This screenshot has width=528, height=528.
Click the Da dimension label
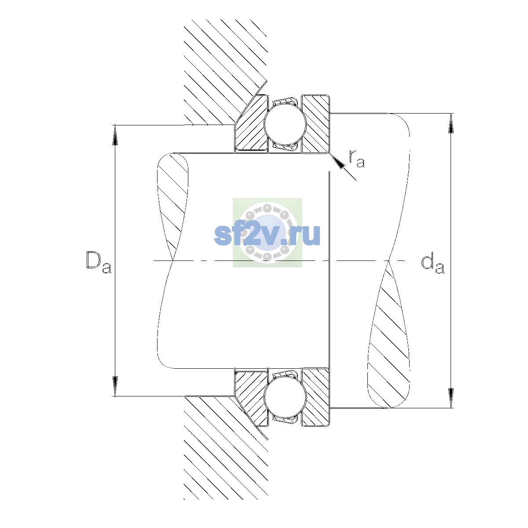coord(99,262)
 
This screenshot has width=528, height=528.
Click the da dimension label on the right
coord(433,264)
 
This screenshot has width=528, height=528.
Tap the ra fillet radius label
coord(357,159)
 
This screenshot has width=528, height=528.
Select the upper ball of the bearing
coord(285,124)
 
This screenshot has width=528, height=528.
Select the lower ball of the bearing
coord(285,398)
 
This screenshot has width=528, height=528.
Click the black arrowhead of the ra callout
coord(337,161)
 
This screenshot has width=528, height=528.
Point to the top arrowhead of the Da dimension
coord(115,135)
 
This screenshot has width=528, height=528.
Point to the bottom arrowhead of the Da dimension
coord(115,386)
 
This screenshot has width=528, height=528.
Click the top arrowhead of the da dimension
coord(451,123)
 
